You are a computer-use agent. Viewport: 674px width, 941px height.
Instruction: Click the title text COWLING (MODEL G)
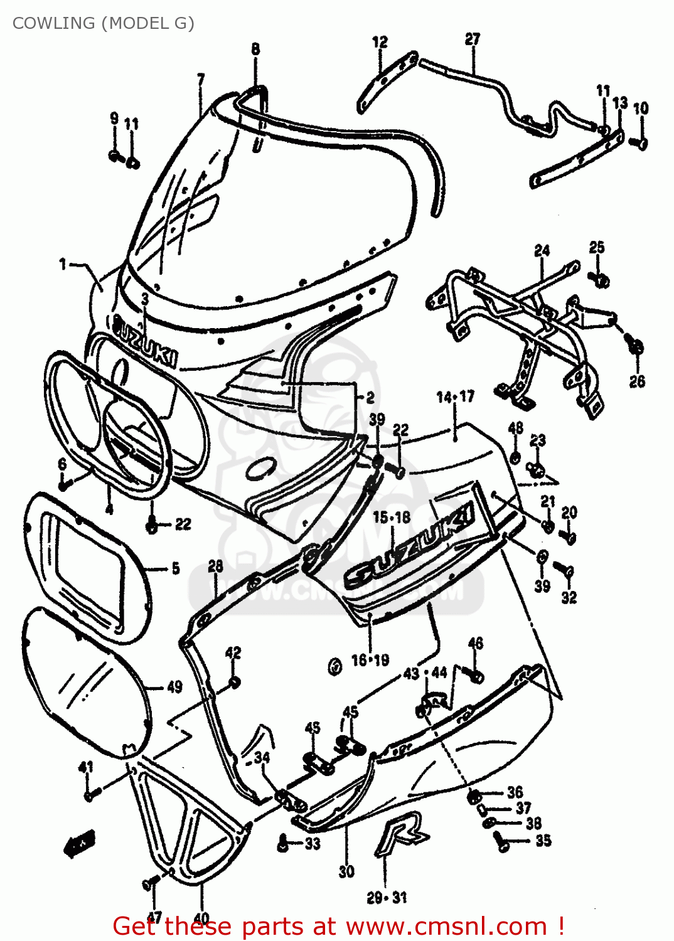click(104, 23)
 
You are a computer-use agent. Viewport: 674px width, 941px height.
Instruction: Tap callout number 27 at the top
click(472, 39)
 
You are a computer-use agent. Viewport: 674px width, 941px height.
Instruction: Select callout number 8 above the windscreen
click(255, 48)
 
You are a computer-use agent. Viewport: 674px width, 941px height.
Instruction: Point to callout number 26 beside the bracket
click(637, 381)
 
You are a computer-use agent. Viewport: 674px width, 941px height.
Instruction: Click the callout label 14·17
click(456, 396)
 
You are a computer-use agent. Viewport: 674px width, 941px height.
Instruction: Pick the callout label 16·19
click(370, 660)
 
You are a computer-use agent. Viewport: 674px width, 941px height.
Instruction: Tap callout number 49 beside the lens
click(174, 687)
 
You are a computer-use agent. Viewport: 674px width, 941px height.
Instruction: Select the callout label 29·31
click(387, 898)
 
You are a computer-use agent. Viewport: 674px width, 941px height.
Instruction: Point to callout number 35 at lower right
click(543, 840)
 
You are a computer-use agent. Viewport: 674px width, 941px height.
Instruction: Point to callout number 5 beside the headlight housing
click(175, 568)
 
